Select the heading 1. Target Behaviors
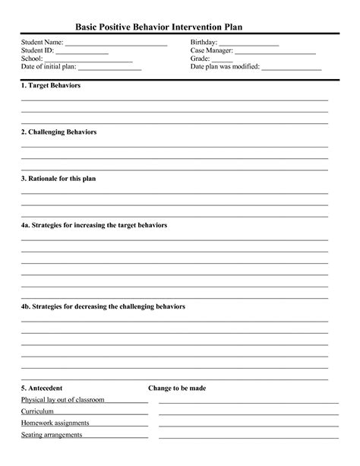point(51,85)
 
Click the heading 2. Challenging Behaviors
point(58,132)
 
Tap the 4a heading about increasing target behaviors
point(94,225)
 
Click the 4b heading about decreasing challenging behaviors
point(103,306)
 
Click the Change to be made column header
point(177,388)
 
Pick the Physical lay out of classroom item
point(62,399)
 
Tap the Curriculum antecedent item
point(38,411)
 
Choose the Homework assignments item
point(55,423)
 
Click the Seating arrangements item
point(52,435)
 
